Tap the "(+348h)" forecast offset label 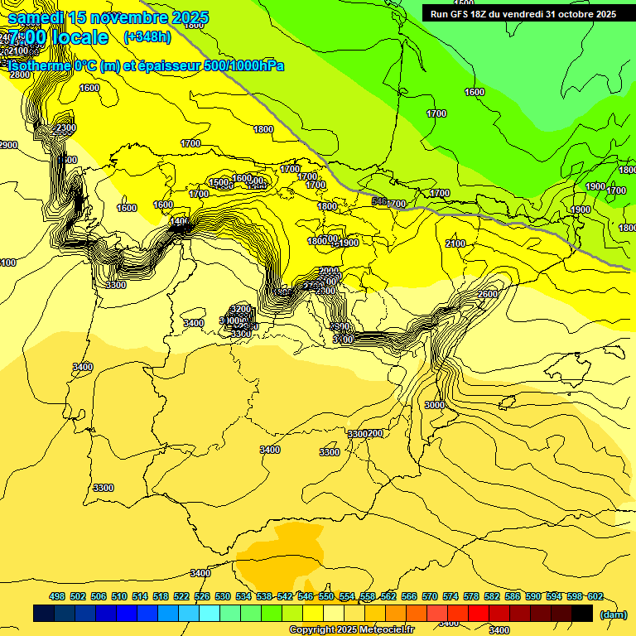147,37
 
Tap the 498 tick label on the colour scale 57,596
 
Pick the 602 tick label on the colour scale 595,596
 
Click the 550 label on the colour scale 326,596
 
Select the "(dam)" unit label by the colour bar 614,614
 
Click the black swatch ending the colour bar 582,614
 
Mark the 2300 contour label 64,128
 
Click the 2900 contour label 7,145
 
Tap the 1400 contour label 179,221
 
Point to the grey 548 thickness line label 379,201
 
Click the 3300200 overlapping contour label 365,434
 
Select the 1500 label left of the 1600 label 219,183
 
